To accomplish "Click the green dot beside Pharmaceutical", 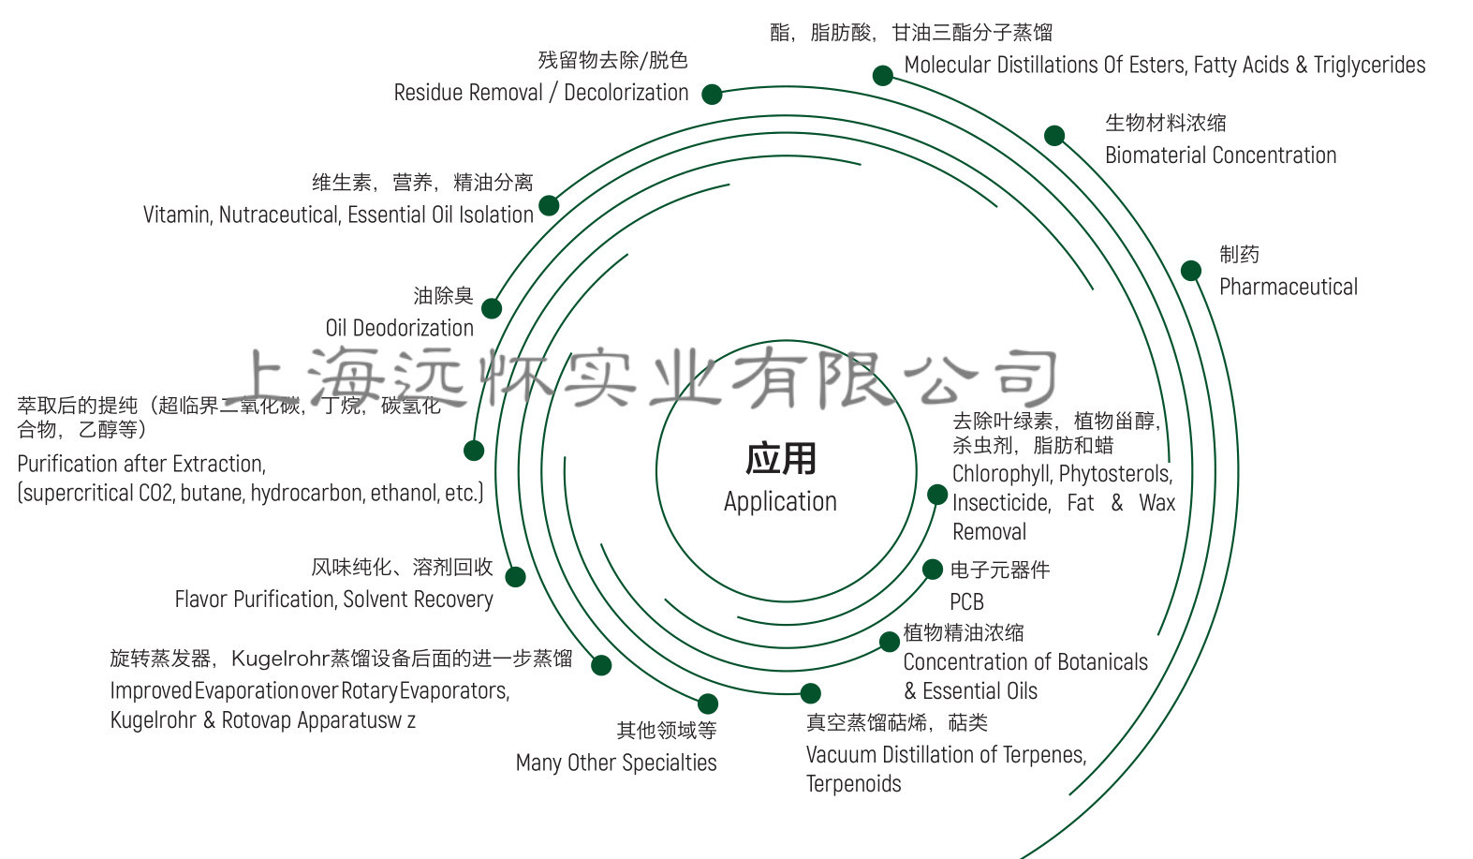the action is tap(1190, 271).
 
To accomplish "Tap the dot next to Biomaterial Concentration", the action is tap(1054, 136).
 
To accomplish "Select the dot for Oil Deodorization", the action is tap(492, 308).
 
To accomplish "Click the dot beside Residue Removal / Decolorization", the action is tap(712, 94).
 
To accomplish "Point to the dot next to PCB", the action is tap(933, 570).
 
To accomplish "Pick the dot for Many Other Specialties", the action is tap(708, 703).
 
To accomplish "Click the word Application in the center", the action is tap(780, 502).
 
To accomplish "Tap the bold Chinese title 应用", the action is tap(780, 459).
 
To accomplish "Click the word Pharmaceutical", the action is tap(1288, 288).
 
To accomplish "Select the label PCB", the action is tap(966, 601).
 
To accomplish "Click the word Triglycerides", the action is tap(1369, 66).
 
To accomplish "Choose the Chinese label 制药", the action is tap(1239, 255).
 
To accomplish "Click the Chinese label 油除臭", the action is tap(443, 296).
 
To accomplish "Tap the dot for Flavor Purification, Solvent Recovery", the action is tap(515, 576).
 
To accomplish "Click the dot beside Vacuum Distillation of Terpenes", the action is tap(811, 693).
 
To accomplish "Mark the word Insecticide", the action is tap(1001, 503).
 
